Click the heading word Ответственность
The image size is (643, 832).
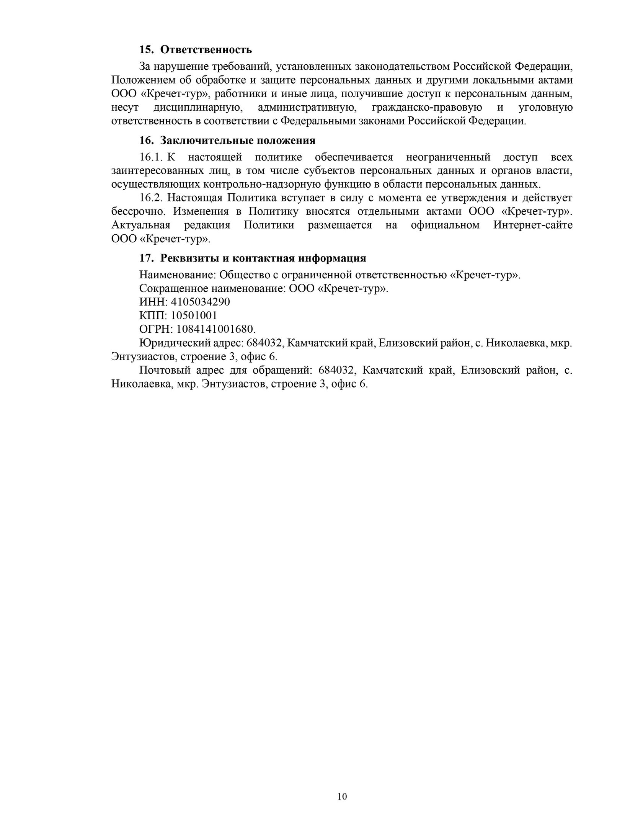point(206,50)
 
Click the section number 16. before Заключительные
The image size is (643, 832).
point(146,141)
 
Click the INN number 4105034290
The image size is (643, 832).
point(200,302)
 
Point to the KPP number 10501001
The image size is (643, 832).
point(194,315)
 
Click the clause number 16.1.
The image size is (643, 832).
point(152,157)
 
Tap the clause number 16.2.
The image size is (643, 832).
point(152,198)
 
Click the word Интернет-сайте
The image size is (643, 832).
point(533,225)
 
